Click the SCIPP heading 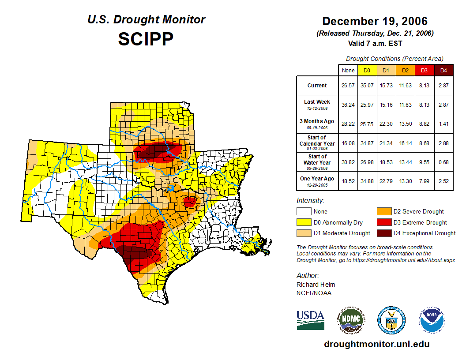[146, 39]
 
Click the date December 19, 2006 [375, 21]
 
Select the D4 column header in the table [443, 71]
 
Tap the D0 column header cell [366, 71]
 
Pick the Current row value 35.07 [366, 86]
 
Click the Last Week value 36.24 [348, 105]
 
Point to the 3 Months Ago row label [317, 124]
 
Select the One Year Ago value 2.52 [443, 181]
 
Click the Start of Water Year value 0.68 [443, 162]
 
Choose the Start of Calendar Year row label [317, 142]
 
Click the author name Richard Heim [316, 285]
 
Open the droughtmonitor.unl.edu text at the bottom [376, 344]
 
